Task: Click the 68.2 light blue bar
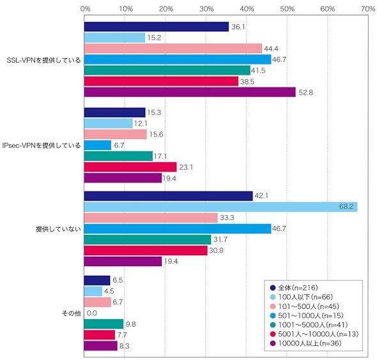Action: pyautogui.click(x=220, y=207)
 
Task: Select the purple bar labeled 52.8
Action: pyautogui.click(x=190, y=92)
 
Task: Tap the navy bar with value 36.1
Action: pyautogui.click(x=157, y=27)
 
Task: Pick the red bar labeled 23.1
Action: pyautogui.click(x=130, y=167)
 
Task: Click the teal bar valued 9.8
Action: pyautogui.click(x=104, y=324)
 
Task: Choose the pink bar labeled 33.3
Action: pyautogui.click(x=151, y=218)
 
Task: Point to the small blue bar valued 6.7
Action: pyautogui.click(x=98, y=145)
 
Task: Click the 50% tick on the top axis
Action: pyautogui.click(x=287, y=9)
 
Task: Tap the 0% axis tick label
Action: pyautogui.click(x=86, y=9)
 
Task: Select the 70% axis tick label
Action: pyautogui.click(x=368, y=9)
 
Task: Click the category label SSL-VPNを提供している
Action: pyautogui.click(x=43, y=60)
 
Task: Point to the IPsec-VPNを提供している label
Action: pyautogui.click(x=42, y=146)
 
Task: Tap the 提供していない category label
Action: pyautogui.click(x=58, y=229)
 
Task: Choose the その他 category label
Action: pyautogui.click(x=72, y=313)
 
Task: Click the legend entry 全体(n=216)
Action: pyautogui.click(x=294, y=288)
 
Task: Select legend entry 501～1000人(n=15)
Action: pyautogui.click(x=307, y=315)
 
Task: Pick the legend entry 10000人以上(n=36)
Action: pyautogui.click(x=306, y=343)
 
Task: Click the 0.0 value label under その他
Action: pyautogui.click(x=92, y=313)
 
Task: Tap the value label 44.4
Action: pyautogui.click(x=271, y=49)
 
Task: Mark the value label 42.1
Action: pyautogui.click(x=261, y=196)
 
